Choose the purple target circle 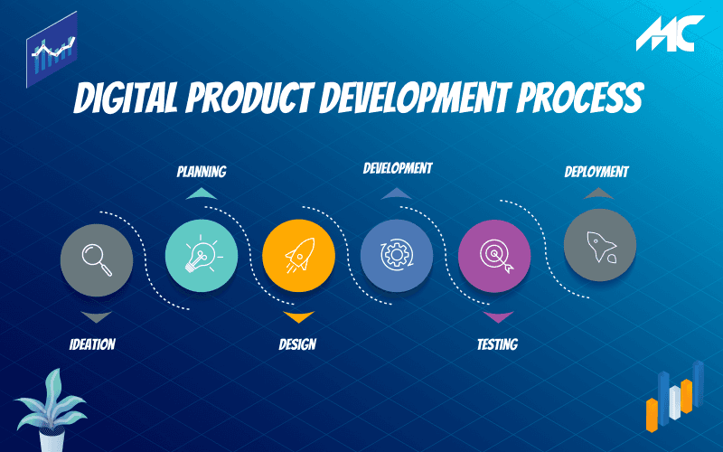pyautogui.click(x=494, y=255)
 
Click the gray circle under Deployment pyautogui.click(x=599, y=245)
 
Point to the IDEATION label pyautogui.click(x=92, y=344)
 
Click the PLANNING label pyautogui.click(x=201, y=171)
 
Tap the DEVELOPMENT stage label pyautogui.click(x=398, y=168)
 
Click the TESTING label pyautogui.click(x=497, y=344)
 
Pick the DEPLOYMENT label pyautogui.click(x=596, y=171)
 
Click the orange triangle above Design pyautogui.click(x=297, y=316)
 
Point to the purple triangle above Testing pyautogui.click(x=497, y=317)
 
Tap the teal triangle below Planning pyautogui.click(x=201, y=193)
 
